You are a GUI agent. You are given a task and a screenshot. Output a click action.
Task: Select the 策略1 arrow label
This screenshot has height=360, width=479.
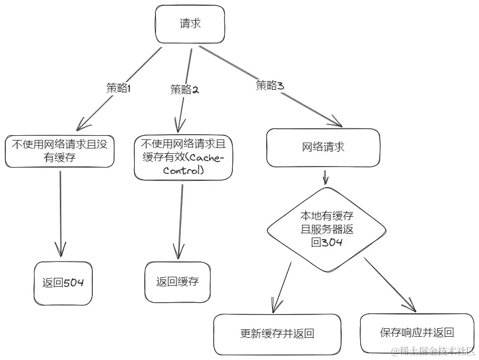118,89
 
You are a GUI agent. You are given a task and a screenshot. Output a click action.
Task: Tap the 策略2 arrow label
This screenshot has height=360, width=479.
184,90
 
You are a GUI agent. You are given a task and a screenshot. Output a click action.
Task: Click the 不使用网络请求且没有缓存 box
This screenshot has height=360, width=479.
59,151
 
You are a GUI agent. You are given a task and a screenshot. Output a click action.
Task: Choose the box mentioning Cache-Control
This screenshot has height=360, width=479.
183,157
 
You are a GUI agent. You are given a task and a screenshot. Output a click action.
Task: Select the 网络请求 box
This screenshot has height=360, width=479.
323,147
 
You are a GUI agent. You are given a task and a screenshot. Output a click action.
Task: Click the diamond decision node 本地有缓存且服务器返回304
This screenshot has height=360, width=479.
326,229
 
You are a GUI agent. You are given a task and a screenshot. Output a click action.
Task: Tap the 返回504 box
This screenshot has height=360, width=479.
63,283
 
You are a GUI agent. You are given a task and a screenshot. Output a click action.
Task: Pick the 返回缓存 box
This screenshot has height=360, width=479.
177,282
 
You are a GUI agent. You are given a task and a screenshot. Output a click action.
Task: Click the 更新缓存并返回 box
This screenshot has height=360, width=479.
277,334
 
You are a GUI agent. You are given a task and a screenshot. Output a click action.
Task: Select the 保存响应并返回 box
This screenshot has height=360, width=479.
417,332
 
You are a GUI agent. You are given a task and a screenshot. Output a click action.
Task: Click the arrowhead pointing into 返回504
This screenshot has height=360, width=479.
60,249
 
